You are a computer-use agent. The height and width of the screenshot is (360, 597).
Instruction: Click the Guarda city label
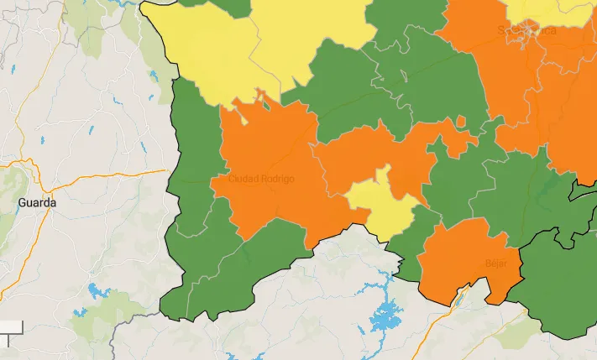[x=37, y=203]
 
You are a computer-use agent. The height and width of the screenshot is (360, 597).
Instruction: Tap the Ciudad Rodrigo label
[x=261, y=180]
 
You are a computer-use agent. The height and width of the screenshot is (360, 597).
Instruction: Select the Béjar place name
[x=496, y=263]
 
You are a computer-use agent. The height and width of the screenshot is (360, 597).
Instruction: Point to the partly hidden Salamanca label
[x=526, y=31]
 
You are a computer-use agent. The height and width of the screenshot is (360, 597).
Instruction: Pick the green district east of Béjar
[x=558, y=285]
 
